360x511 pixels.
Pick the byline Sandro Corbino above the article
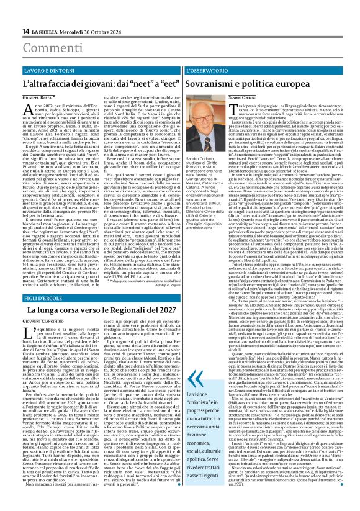[223, 98]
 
